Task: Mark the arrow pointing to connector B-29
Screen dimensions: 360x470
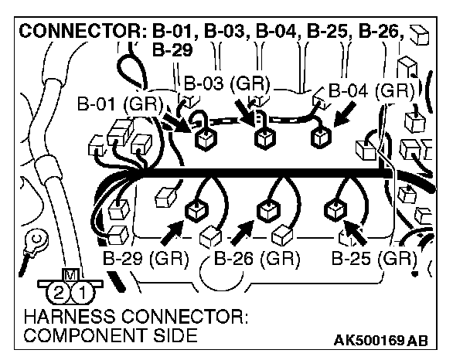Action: (172, 229)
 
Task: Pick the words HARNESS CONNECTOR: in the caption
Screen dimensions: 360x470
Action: (124, 318)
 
